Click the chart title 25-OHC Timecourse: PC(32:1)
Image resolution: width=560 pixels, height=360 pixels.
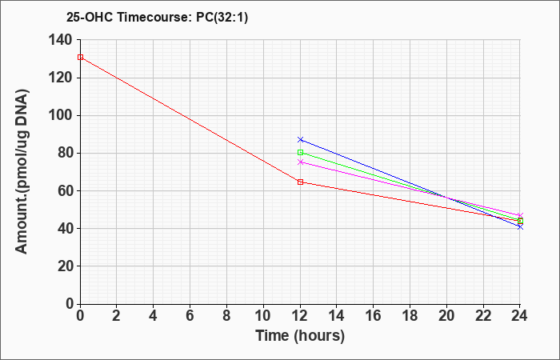pos(157,17)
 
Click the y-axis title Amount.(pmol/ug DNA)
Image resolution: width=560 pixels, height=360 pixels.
pos(22,171)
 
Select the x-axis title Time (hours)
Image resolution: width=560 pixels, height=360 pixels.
pos(300,336)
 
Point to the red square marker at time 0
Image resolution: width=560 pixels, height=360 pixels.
pos(80,57)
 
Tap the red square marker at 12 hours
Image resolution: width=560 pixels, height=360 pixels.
pos(300,182)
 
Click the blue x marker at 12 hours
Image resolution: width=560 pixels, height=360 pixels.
pos(300,139)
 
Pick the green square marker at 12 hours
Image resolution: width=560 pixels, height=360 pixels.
pos(300,153)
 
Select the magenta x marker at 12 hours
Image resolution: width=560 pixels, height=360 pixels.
pos(300,162)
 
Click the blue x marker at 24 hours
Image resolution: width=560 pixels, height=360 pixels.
pos(520,226)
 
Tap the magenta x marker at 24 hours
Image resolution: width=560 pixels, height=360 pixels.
pos(520,215)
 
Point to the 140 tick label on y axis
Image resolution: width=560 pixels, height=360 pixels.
pos(60,40)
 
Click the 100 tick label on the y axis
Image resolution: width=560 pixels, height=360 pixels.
pos(60,116)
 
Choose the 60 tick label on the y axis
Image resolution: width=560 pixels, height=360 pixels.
pos(64,191)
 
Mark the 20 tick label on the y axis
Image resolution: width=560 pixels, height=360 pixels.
pos(64,266)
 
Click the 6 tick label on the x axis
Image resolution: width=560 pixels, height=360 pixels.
pos(190,316)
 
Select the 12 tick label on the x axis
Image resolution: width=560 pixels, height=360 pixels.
pos(300,316)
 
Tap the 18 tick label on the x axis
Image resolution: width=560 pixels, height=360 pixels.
pos(410,316)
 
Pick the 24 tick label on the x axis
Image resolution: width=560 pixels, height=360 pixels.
pos(520,316)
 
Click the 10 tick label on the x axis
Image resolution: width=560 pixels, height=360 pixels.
pos(263,316)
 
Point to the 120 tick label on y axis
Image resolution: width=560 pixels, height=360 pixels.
pos(60,78)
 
